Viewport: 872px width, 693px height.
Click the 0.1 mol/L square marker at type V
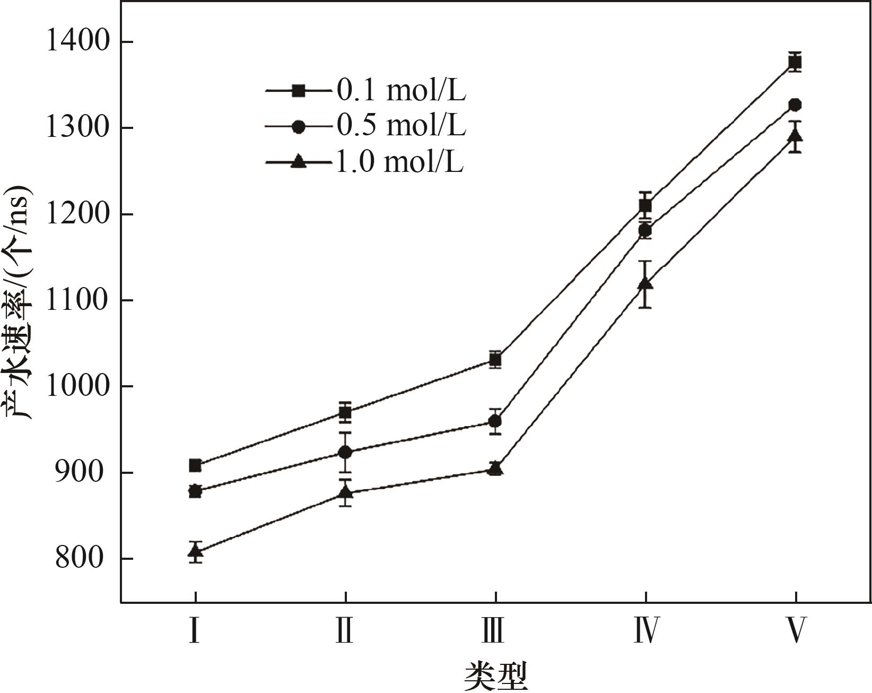[795, 63]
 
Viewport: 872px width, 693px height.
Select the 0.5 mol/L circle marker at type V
[795, 105]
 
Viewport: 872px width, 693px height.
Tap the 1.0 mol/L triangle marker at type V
[795, 136]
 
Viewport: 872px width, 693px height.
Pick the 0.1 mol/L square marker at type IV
[645, 205]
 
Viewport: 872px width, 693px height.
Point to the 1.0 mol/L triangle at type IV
[645, 284]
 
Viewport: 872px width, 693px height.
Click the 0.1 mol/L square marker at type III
[495, 360]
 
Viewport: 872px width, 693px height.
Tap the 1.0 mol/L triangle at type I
[195, 551]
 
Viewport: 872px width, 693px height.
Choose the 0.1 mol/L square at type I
[195, 465]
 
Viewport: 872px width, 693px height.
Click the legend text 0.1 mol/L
[401, 91]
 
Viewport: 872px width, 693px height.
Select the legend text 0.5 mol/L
[401, 126]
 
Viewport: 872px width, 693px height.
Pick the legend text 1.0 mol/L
[399, 161]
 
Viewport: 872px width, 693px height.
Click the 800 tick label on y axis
[80, 559]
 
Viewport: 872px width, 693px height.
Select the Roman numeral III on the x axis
[494, 630]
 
